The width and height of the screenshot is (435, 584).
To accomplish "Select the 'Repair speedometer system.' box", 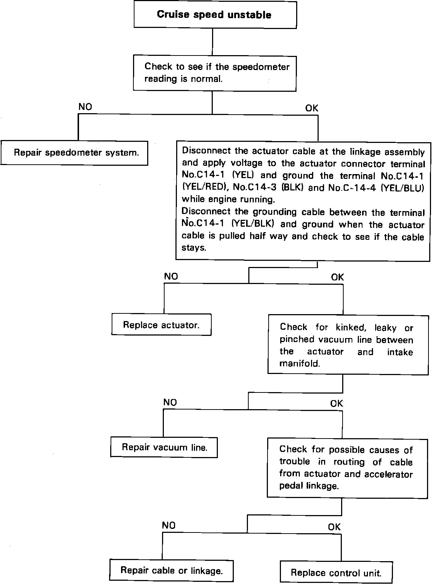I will tap(76, 153).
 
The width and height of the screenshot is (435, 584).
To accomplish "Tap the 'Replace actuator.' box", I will tap(161, 325).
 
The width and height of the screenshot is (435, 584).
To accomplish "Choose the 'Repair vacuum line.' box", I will tap(164, 447).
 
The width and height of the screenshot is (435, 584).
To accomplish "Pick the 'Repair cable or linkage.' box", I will tap(171, 570).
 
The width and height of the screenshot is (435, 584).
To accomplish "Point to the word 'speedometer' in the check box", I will tap(261, 67).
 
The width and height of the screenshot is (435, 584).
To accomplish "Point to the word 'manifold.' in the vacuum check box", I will tap(300, 363).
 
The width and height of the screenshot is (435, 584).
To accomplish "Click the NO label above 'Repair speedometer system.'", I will tap(85, 107).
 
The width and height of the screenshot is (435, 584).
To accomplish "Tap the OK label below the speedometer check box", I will tap(311, 108).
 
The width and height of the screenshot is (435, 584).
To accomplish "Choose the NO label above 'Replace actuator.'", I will tap(171, 276).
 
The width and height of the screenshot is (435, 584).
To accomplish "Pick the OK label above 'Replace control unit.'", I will tap(334, 527).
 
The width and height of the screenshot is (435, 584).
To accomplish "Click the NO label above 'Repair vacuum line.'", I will tap(170, 402).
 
